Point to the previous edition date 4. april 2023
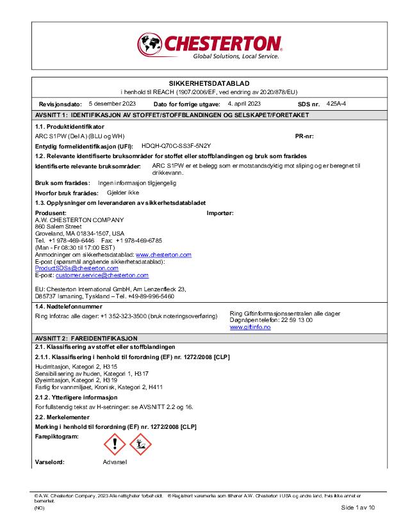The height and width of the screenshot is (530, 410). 244,103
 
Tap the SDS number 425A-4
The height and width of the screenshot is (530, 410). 336,103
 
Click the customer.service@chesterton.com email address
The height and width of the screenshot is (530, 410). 102,275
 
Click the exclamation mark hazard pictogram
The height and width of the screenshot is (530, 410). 115,444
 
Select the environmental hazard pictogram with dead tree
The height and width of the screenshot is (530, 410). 140,444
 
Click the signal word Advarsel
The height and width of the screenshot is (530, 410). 115,462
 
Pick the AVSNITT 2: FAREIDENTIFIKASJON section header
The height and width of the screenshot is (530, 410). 86,337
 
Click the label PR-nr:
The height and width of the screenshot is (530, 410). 304,136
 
